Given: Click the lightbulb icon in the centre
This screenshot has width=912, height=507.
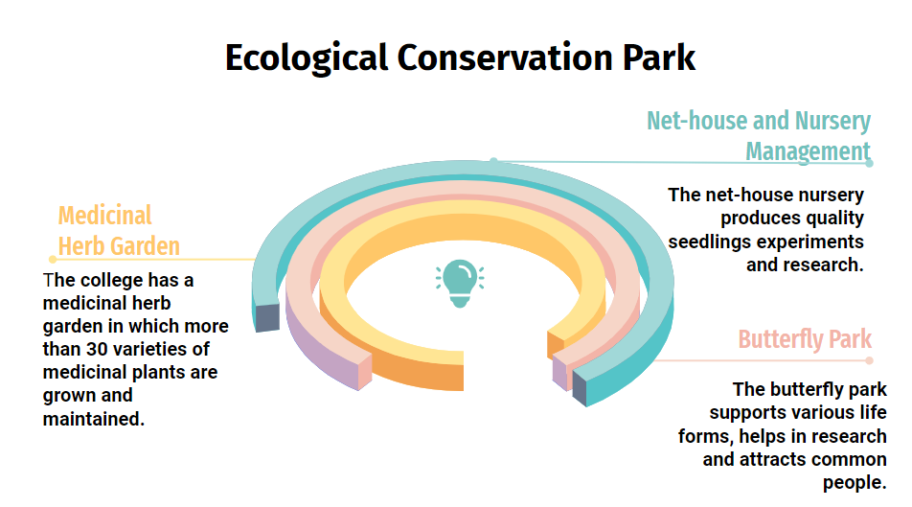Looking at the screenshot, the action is pos(460,284).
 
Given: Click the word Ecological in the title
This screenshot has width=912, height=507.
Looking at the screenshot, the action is pos(307,58).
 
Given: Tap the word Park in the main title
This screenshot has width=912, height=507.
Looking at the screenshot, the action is pos(658,58).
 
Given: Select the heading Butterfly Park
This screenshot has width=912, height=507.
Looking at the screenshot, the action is pos(805,338).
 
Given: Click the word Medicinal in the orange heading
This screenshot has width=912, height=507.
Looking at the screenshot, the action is pos(104,216).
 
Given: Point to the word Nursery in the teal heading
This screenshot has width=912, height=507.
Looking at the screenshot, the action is pos(832,122).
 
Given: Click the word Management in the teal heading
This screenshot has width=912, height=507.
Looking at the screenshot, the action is pos(808,151).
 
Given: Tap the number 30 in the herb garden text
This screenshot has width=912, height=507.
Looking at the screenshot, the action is pos(97,349).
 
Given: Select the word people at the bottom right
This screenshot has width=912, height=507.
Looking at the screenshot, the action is pos(855,482).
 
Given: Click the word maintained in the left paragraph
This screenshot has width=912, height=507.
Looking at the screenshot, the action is pos(93,419).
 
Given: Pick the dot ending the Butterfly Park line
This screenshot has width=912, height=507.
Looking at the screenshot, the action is pos(869,360).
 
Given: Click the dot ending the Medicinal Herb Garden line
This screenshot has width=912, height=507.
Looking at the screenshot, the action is pos(53,259).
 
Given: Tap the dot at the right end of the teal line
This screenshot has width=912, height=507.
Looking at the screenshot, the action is pos(869,164).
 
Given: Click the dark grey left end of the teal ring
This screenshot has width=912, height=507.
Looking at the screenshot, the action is pos(267,318).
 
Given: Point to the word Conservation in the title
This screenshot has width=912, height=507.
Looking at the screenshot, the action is pos(505,58).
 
